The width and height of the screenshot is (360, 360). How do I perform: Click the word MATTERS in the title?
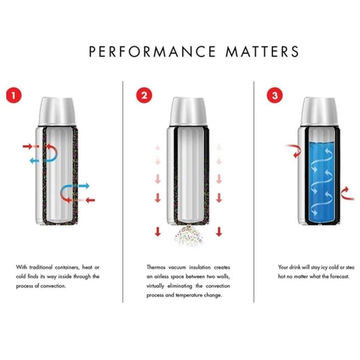click(x=263, y=51)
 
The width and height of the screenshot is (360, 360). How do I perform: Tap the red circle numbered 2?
click(x=144, y=95)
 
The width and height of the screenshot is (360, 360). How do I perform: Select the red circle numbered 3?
click(x=274, y=95)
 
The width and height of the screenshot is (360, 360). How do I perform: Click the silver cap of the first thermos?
click(x=58, y=110)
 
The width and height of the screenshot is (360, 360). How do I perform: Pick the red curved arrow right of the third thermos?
click(x=345, y=193)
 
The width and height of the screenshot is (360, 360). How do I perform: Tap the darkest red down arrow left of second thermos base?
click(x=156, y=230)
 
